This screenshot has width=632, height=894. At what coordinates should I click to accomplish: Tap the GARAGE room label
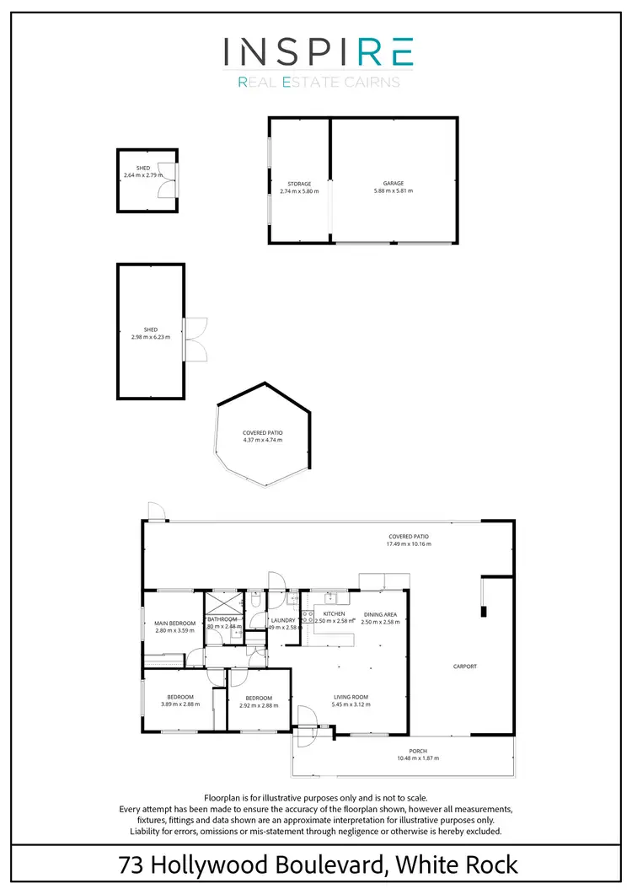point(394,184)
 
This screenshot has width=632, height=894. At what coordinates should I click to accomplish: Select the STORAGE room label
point(299,184)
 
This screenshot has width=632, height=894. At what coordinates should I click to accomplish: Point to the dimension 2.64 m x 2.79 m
point(143,175)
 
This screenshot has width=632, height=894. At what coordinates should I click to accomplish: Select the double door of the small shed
point(171,179)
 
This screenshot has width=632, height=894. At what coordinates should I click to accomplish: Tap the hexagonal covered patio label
point(263,432)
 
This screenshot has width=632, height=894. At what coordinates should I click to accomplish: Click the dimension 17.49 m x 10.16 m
point(409,543)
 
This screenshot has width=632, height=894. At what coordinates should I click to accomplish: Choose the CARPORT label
point(464,666)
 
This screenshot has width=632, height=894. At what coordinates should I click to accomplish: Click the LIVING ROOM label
point(352,697)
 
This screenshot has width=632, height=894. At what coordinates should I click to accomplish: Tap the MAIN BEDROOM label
point(174,624)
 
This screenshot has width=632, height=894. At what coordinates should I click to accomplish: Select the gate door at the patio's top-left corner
point(155,511)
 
